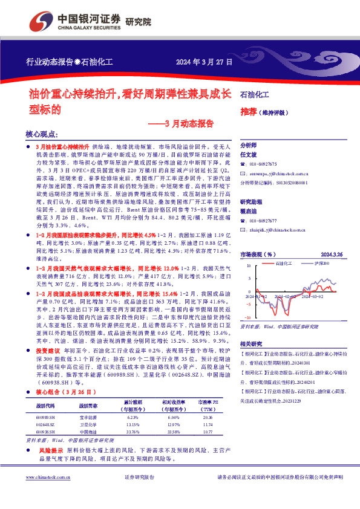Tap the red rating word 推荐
247,112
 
